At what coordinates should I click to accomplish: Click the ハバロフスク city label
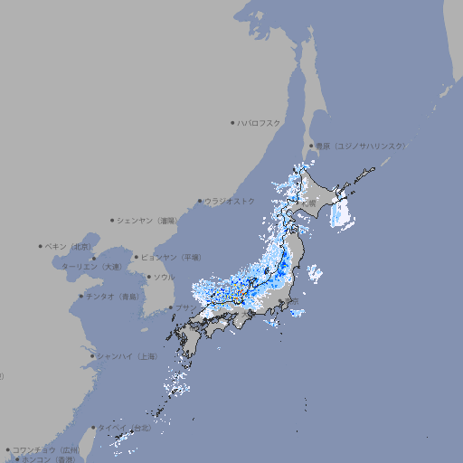pyautogui.click(x=260, y=122)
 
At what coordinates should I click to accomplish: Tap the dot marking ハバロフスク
pyautogui.click(x=232, y=122)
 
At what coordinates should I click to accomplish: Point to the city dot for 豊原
pyautogui.click(x=311, y=146)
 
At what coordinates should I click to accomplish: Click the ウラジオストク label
pyautogui.click(x=230, y=201)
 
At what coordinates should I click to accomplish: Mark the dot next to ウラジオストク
pyautogui.click(x=200, y=201)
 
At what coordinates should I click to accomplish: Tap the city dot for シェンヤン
pyautogui.click(x=113, y=220)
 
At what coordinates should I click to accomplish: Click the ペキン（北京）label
pyautogui.click(x=70, y=246)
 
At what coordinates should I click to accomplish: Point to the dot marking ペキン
pyautogui.click(x=41, y=246)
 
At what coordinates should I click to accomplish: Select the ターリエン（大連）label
pyautogui.click(x=91, y=267)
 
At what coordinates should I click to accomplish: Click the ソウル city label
pyautogui.click(x=164, y=277)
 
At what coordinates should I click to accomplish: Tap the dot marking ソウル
pyautogui.click(x=147, y=277)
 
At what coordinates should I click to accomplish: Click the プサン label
pyautogui.click(x=184, y=308)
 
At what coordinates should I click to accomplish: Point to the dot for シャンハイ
pyautogui.click(x=92, y=355)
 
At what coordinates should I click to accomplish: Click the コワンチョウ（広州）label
pyautogui.click(x=46, y=449)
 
